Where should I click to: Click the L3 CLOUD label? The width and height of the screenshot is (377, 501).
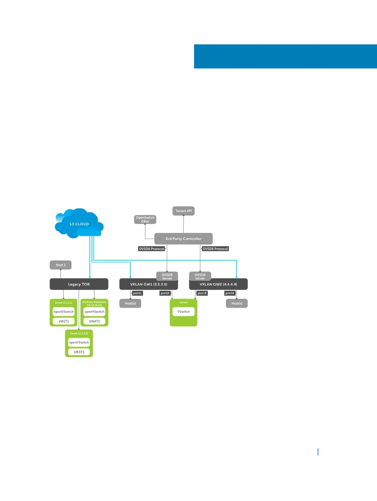pyautogui.click(x=79, y=224)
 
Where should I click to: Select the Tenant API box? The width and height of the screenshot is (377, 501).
pyautogui.click(x=184, y=211)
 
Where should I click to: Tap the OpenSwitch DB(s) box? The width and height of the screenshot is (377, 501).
pyautogui.click(x=145, y=219)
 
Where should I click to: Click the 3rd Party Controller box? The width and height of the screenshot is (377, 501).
pyautogui.click(x=183, y=239)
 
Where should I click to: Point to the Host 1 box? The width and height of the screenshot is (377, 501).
pyautogui.click(x=61, y=265)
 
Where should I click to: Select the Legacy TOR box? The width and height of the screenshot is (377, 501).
pyautogui.click(x=79, y=284)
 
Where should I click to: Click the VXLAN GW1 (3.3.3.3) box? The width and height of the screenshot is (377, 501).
pyautogui.click(x=148, y=285)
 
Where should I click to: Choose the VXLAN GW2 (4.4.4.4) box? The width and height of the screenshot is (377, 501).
pyautogui.click(x=218, y=285)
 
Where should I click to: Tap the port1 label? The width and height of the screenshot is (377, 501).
pyautogui.click(x=137, y=293)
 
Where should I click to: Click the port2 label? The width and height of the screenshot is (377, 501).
pyautogui.click(x=165, y=293)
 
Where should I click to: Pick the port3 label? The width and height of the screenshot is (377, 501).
pyautogui.click(x=202, y=293)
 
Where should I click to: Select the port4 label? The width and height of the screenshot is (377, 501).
pyautogui.click(x=230, y=293)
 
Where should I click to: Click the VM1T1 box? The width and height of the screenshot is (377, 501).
pyautogui.click(x=64, y=321)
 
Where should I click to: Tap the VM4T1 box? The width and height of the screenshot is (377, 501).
pyautogui.click(x=94, y=321)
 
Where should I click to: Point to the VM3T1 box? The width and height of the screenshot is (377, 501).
pyautogui.click(x=79, y=352)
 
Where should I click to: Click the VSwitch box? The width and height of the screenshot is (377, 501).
pyautogui.click(x=184, y=312)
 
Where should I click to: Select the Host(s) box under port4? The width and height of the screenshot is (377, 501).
pyautogui.click(x=237, y=303)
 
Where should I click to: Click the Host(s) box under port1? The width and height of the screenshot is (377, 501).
pyautogui.click(x=130, y=303)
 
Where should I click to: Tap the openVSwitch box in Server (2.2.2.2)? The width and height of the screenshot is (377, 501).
pyautogui.click(x=79, y=343)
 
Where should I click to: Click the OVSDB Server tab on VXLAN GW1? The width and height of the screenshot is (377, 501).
pyautogui.click(x=167, y=276)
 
